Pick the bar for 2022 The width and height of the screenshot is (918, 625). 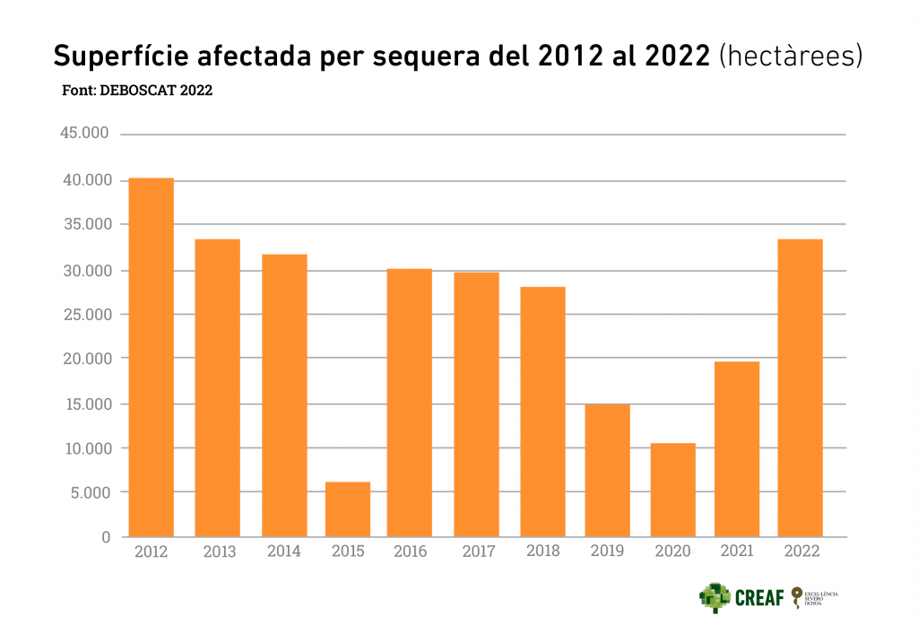tap(800, 387)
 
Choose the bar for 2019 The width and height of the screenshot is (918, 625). tap(607, 470)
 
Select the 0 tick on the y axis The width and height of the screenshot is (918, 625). tap(106, 537)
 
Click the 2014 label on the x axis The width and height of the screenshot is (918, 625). tap(284, 551)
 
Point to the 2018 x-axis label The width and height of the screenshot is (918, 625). tap(542, 551)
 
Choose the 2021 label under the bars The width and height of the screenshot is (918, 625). tap(736, 551)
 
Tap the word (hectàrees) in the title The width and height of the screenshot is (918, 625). tap(791, 56)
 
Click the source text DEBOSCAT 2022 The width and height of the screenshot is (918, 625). tap(158, 91)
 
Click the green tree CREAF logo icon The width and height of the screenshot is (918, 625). tap(715, 597)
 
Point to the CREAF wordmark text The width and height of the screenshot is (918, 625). tap(760, 598)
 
